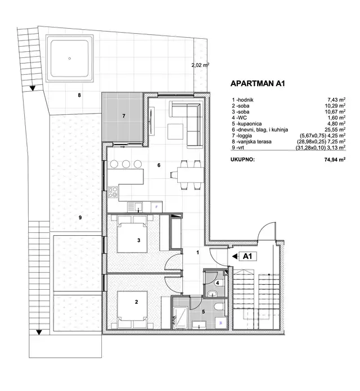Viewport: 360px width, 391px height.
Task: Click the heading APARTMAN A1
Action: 258,83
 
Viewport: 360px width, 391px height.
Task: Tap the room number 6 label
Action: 159,165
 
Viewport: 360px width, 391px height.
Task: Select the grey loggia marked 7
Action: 123,117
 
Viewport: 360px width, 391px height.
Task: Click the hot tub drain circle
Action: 70,59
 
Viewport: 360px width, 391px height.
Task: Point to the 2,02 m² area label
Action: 200,65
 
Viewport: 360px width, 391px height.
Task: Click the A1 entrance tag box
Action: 247,256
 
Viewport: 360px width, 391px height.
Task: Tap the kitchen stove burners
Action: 113,192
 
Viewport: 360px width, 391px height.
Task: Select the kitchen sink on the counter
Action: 135,207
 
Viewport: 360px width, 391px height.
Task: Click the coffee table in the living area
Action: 175,132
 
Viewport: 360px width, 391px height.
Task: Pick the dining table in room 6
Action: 190,175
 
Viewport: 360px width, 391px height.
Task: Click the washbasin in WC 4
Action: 213,294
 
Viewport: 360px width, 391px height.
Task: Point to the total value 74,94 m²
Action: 335,160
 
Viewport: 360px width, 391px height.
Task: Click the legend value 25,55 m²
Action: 335,129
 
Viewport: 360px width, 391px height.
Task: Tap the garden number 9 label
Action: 80,218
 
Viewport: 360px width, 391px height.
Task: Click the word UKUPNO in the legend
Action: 242,160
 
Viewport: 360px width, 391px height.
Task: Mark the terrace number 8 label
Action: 79,95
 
